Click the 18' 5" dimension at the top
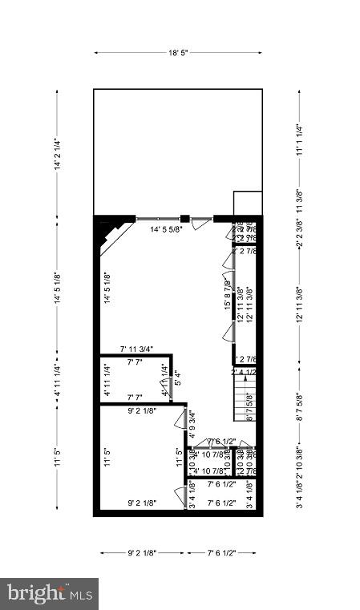pyautogui.click(x=178, y=53)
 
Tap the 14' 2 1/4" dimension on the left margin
pyautogui.click(x=56, y=154)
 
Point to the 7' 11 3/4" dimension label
pyautogui.click(x=136, y=349)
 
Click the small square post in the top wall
pyautogui.click(x=184, y=217)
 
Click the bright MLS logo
pyautogui.click(x=49, y=594)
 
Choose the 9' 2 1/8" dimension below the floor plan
pyautogui.click(x=141, y=552)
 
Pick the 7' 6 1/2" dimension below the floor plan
pyautogui.click(x=220, y=552)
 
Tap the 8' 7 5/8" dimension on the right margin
pyautogui.click(x=299, y=408)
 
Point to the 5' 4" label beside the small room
pyautogui.click(x=177, y=374)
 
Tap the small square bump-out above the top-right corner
pyautogui.click(x=248, y=203)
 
